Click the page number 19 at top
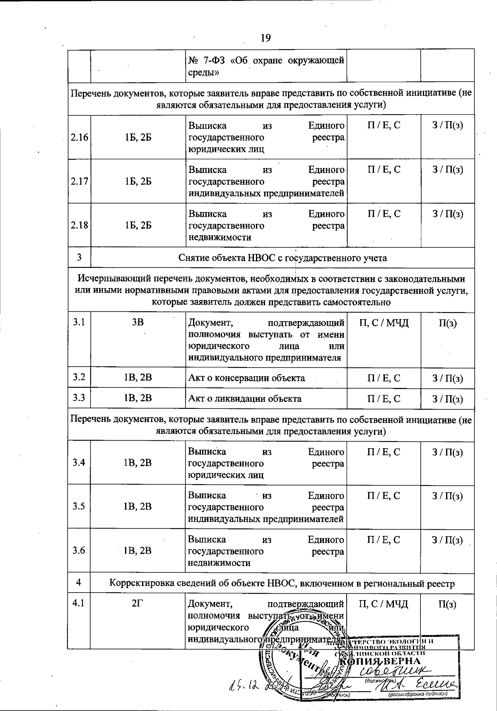(265, 38)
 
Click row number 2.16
(79, 137)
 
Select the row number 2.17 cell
(79, 181)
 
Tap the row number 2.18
(79, 226)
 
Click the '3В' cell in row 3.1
(138, 322)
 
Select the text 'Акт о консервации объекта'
(246, 378)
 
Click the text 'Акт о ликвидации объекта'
(245, 399)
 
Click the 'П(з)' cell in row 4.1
(447, 604)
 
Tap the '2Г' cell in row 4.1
(138, 604)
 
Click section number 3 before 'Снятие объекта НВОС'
(79, 258)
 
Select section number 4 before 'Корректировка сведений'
(79, 583)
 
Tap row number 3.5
(79, 507)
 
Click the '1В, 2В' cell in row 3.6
(138, 550)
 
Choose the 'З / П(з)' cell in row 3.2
(447, 378)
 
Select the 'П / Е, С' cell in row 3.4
(384, 452)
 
